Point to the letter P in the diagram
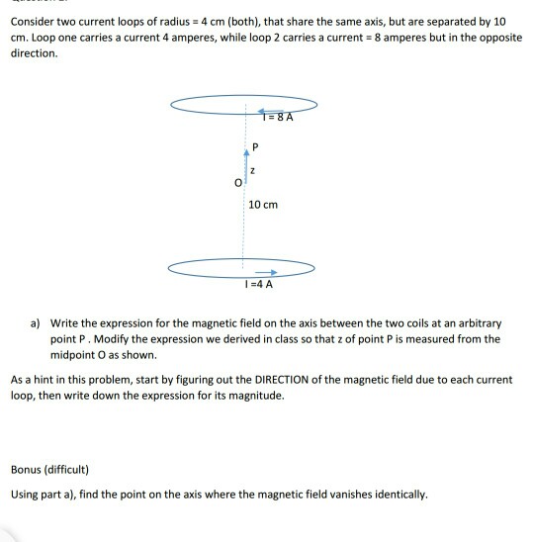tap(256, 147)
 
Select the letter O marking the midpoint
tap(236, 182)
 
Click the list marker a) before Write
tap(36, 323)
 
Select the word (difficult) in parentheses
tap(74, 469)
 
